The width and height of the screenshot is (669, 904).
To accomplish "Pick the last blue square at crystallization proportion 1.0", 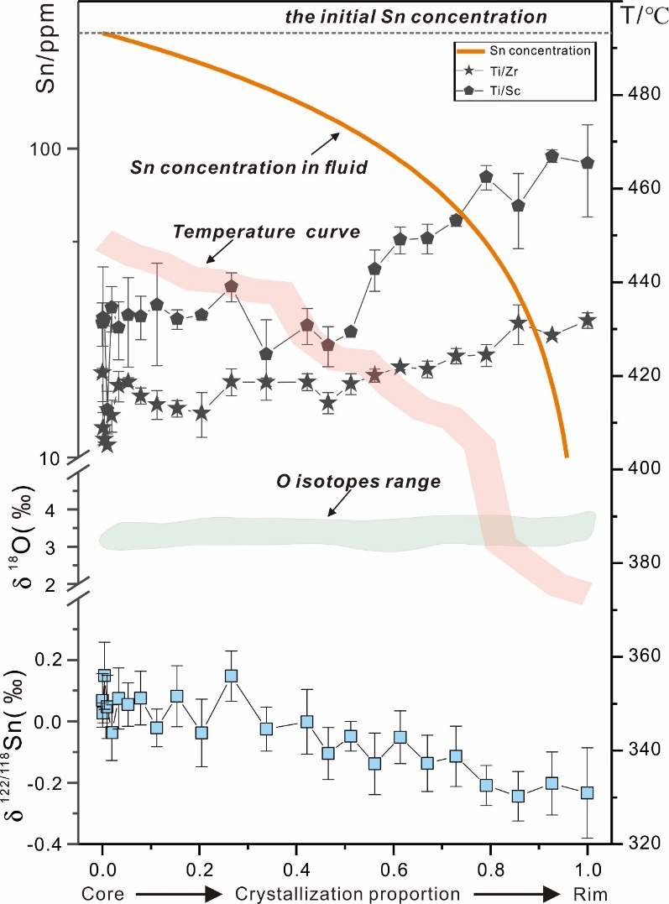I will [x=588, y=792].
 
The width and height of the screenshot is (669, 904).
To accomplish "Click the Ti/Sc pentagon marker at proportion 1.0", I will [x=588, y=163].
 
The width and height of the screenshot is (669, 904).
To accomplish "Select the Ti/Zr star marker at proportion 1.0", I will [x=588, y=321].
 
